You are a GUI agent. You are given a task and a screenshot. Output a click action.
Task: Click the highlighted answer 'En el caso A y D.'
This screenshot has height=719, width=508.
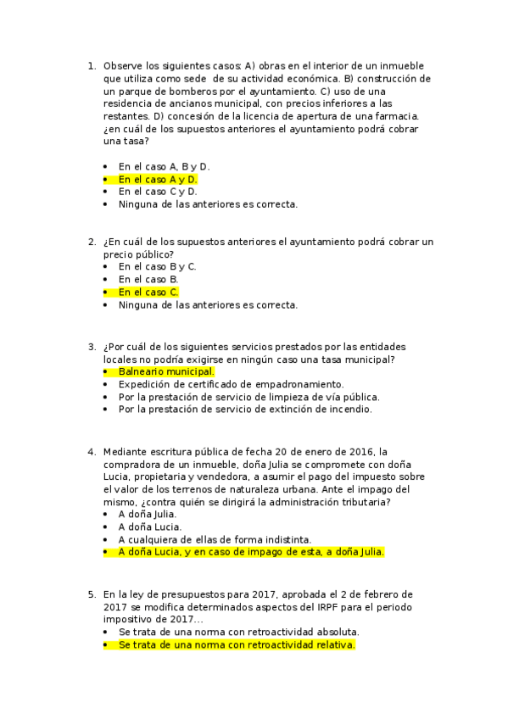[158, 180]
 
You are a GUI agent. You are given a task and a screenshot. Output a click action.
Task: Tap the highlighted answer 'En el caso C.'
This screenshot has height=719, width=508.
[148, 293]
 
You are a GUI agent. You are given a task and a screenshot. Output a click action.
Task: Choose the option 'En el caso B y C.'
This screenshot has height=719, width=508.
[158, 267]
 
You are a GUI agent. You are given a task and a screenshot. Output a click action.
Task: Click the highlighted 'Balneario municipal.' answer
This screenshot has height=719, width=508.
[166, 371]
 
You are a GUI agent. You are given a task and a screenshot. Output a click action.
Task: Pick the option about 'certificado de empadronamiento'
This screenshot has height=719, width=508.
[219, 384]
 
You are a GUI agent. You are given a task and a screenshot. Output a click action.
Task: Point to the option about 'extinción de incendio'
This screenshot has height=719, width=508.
[245, 409]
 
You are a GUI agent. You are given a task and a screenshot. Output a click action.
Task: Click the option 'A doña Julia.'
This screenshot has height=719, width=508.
[148, 514]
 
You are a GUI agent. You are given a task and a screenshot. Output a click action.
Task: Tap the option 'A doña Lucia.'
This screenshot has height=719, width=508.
[149, 527]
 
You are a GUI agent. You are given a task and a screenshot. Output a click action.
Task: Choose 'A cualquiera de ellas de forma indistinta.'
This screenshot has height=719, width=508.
[215, 539]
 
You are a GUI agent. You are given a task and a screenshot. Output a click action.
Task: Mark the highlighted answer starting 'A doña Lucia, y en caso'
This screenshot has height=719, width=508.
[251, 552]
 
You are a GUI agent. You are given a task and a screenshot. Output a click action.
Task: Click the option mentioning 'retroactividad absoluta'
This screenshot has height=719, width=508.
[239, 632]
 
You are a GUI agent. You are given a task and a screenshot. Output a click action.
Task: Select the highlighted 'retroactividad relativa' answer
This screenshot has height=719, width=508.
[237, 644]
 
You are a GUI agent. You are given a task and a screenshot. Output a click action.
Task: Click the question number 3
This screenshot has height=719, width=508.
[92, 346]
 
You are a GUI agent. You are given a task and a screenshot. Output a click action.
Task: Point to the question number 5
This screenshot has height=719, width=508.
[92, 594]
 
